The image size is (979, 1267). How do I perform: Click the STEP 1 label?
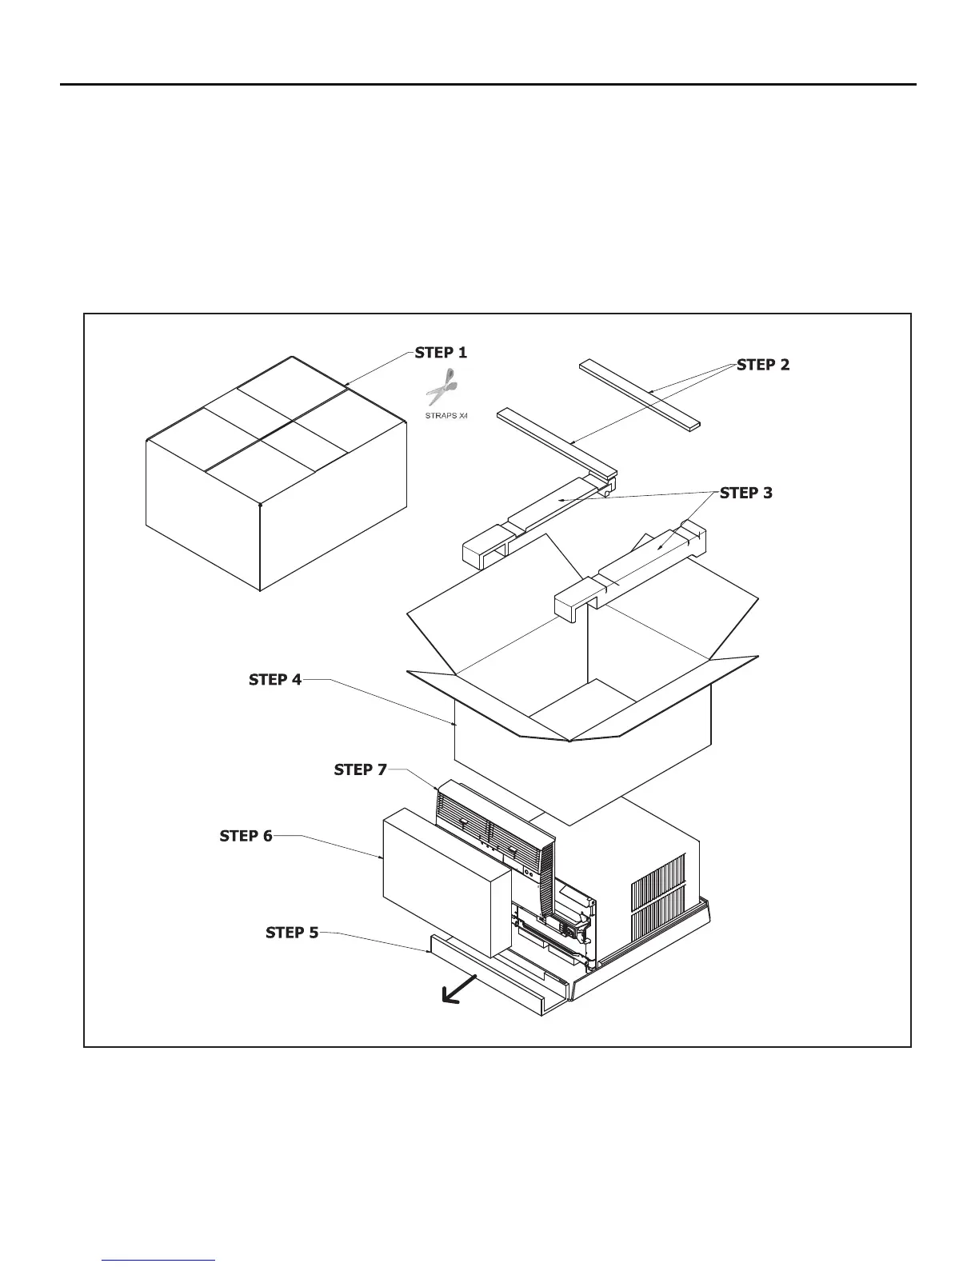pos(441,353)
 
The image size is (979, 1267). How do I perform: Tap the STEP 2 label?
pos(763,365)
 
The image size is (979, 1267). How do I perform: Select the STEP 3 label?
pos(746,493)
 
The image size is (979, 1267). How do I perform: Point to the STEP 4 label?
pos(275,680)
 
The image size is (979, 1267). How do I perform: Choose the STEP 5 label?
pos(292,933)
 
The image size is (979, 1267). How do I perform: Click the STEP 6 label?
pos(246,836)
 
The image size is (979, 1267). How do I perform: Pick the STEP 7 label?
pos(360,769)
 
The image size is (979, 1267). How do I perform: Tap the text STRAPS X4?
pos(446,416)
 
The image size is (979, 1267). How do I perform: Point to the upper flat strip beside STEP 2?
pos(640,394)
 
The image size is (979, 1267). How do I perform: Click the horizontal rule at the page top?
pos(488,84)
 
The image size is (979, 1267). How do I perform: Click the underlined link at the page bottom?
pos(159,1261)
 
